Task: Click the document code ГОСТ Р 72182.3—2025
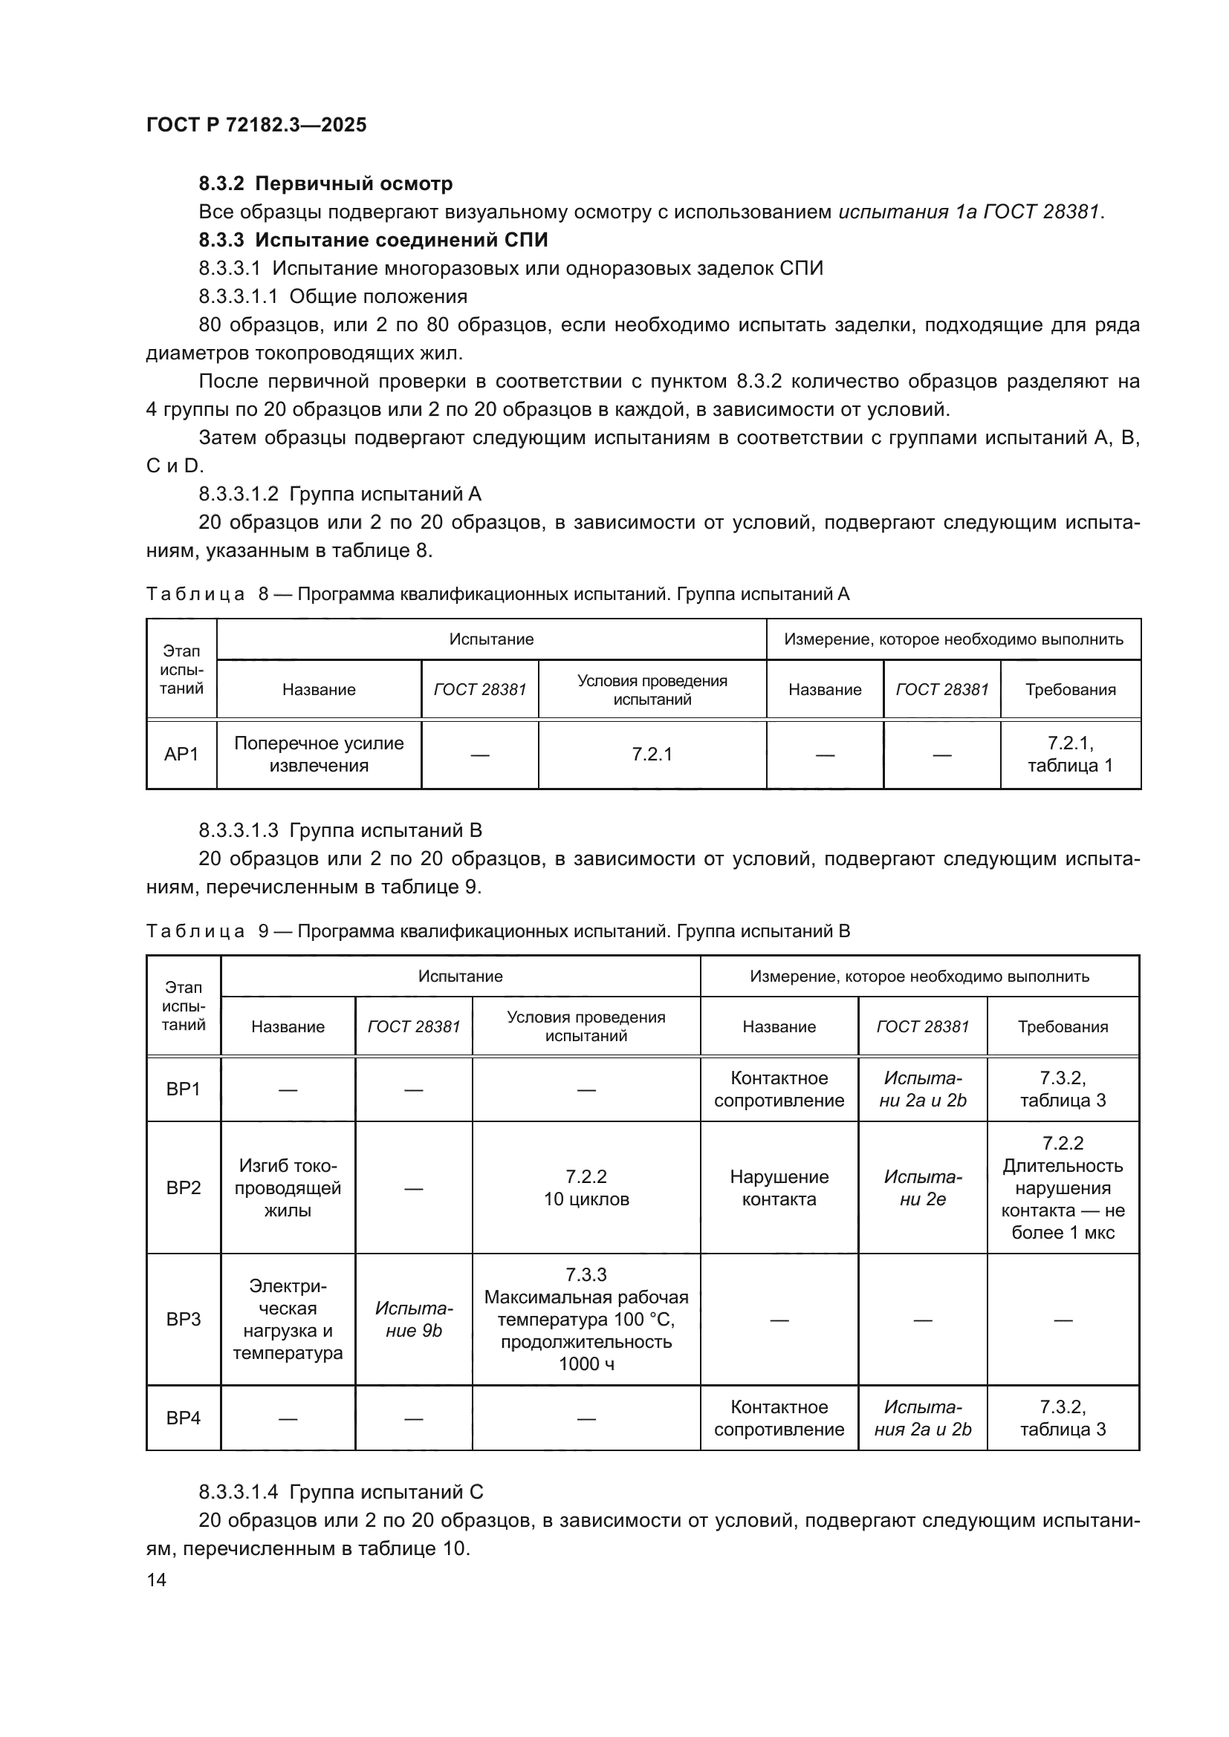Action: click(256, 125)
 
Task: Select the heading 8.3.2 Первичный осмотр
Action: click(325, 184)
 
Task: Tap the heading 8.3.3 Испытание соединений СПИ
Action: click(373, 240)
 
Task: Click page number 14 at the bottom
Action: click(156, 1580)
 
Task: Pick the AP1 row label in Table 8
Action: click(181, 755)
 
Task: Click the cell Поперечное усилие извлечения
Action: click(319, 755)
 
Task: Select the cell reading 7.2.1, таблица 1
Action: click(1069, 755)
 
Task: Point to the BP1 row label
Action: click(183, 1089)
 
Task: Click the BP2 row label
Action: click(183, 1187)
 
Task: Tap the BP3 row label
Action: click(183, 1320)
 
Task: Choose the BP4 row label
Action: click(183, 1418)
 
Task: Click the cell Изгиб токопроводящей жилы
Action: click(288, 1187)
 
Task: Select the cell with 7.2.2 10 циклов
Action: click(586, 1187)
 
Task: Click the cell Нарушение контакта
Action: click(779, 1187)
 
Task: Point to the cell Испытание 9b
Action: click(413, 1320)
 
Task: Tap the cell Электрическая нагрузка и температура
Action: click(288, 1320)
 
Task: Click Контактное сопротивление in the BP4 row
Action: click(779, 1418)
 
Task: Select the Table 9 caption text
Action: click(497, 931)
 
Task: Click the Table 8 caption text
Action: click(497, 595)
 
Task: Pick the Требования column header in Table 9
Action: click(1062, 1026)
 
